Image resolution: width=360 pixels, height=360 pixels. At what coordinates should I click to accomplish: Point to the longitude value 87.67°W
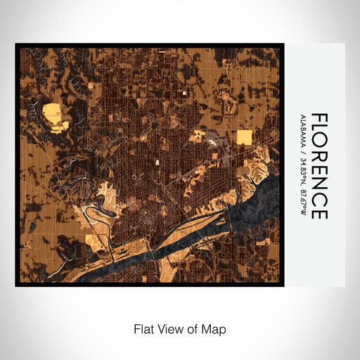pyautogui.click(x=302, y=204)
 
